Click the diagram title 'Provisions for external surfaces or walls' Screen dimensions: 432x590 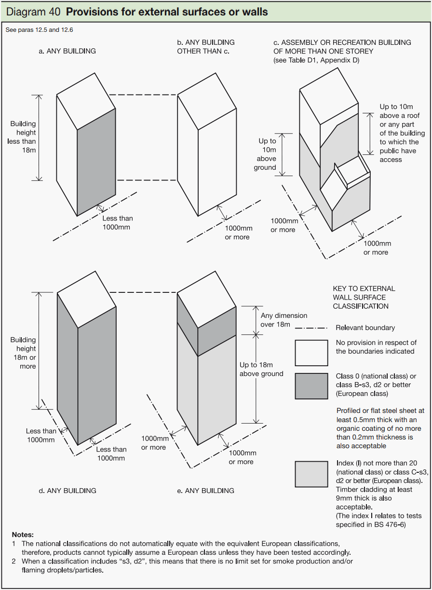click(x=167, y=12)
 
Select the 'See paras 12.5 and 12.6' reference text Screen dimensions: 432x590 click(x=39, y=30)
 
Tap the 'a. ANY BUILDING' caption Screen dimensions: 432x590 click(x=67, y=51)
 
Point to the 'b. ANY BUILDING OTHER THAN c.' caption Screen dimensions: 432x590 click(x=205, y=47)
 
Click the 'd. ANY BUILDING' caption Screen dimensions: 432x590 click(x=67, y=491)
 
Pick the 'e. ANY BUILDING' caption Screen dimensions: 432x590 click(x=205, y=491)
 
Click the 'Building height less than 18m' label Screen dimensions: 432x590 click(x=22, y=137)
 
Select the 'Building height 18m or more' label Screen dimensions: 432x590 click(x=23, y=353)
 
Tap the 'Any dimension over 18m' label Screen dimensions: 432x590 click(x=284, y=320)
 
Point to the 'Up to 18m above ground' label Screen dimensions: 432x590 click(x=261, y=369)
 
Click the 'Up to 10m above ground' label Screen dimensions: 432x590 click(x=265, y=154)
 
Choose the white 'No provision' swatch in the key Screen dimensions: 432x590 click(x=311, y=353)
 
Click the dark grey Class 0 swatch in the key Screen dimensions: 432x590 click(x=311, y=386)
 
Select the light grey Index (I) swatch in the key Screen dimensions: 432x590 click(x=311, y=474)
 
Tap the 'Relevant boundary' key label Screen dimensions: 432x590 click(x=365, y=328)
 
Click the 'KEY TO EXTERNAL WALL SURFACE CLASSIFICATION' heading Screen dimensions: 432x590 click(x=364, y=297)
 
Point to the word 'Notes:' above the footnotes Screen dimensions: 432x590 click(x=23, y=535)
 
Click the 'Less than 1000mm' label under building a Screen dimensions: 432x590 click(x=118, y=222)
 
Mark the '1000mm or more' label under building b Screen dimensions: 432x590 click(x=239, y=233)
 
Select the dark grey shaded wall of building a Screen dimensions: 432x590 click(x=96, y=162)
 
